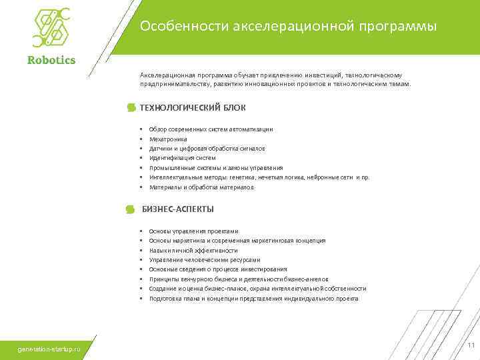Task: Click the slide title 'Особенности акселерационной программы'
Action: point(288,27)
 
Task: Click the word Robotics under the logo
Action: point(51,60)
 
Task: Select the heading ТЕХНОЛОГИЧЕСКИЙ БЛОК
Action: point(193,107)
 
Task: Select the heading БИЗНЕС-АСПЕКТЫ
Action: point(178,209)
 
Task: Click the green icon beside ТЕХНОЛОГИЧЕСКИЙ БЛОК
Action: point(131,108)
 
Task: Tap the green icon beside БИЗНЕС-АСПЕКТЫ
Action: point(131,210)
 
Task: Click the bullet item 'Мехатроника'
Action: point(168,139)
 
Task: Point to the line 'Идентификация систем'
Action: point(182,158)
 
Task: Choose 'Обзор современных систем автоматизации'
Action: point(211,129)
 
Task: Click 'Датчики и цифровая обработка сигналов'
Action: point(207,148)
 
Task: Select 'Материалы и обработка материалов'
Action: point(201,187)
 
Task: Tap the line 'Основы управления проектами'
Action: point(193,231)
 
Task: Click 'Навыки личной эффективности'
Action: point(193,250)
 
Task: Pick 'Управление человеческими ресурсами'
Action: point(205,259)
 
